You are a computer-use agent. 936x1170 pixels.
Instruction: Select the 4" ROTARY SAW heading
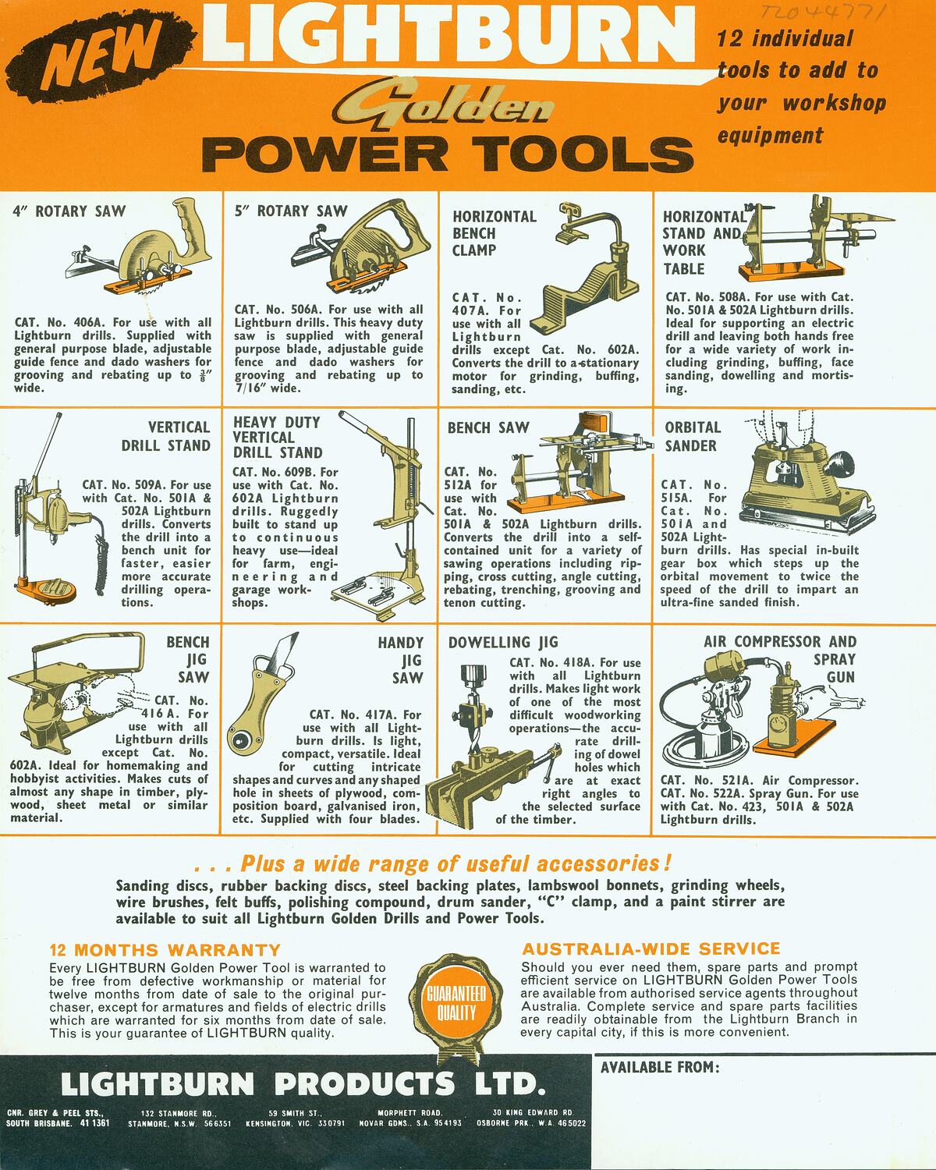coord(69,211)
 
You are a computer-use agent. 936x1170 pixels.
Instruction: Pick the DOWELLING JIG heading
coord(503,642)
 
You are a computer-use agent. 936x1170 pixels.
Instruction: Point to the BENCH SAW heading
coord(487,427)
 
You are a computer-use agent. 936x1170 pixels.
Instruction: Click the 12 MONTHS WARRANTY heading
coord(165,950)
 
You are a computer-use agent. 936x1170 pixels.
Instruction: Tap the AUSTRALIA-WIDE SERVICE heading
coord(651,948)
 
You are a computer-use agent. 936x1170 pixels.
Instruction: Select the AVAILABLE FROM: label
coord(659,1067)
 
